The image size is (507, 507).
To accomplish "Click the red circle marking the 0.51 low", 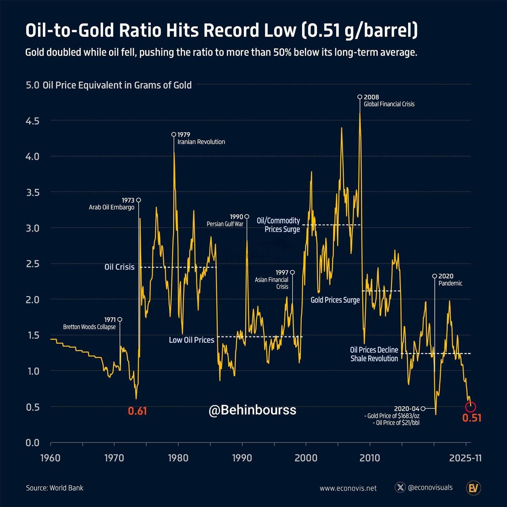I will pyautogui.click(x=471, y=407).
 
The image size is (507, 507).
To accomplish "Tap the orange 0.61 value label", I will pyautogui.click(x=137, y=411).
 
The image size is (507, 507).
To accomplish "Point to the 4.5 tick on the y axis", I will pyautogui.click(x=32, y=121).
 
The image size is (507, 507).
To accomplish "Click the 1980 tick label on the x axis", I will pyautogui.click(x=178, y=458).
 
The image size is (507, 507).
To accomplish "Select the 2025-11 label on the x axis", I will pyautogui.click(x=465, y=458).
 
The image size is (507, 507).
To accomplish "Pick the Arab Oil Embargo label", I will pyautogui.click(x=112, y=207).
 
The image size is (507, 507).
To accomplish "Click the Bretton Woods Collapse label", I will pyautogui.click(x=89, y=327).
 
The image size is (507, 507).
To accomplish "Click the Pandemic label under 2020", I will pyautogui.click(x=450, y=283).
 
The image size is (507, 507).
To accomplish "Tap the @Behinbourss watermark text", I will pyautogui.click(x=252, y=410).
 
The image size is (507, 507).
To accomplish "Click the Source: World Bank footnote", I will pyautogui.click(x=55, y=488).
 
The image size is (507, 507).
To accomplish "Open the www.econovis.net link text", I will pyautogui.click(x=348, y=488).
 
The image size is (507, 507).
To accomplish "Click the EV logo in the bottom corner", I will pyautogui.click(x=474, y=488).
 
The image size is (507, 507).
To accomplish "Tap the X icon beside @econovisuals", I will pyautogui.click(x=400, y=488).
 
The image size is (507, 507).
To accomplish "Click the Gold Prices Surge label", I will pyautogui.click(x=335, y=300).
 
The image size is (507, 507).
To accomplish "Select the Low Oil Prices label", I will pyautogui.click(x=191, y=340).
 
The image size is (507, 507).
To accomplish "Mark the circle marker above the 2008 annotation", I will pyautogui.click(x=360, y=97).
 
